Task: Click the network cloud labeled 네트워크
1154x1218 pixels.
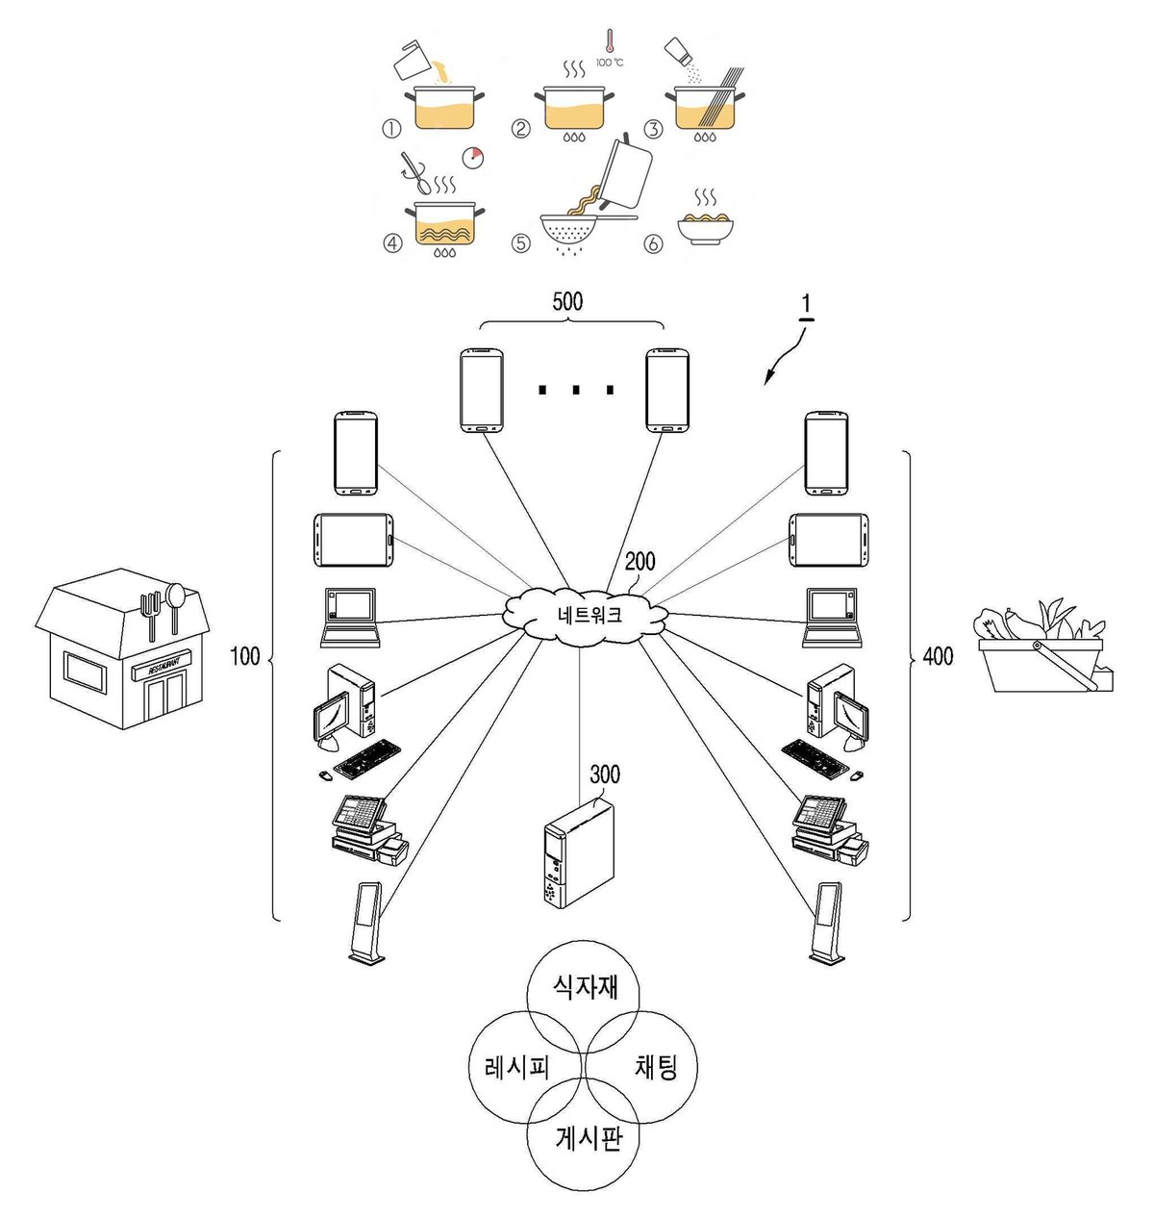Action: click(x=586, y=615)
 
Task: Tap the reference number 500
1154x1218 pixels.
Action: click(x=567, y=302)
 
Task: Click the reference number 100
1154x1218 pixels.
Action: click(x=244, y=656)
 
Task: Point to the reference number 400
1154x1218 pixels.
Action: click(x=938, y=656)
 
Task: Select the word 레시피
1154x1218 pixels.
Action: click(x=517, y=1068)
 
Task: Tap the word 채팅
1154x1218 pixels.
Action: click(x=656, y=1066)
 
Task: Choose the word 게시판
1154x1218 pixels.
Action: click(x=588, y=1137)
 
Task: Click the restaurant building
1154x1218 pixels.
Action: click(x=123, y=648)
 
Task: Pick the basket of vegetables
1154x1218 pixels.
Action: click(x=1043, y=647)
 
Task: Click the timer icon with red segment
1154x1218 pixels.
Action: click(x=472, y=158)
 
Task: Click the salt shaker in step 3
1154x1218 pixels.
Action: click(x=678, y=51)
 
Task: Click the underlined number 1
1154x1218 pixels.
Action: click(x=806, y=307)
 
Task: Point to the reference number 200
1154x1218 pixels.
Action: click(x=640, y=561)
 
